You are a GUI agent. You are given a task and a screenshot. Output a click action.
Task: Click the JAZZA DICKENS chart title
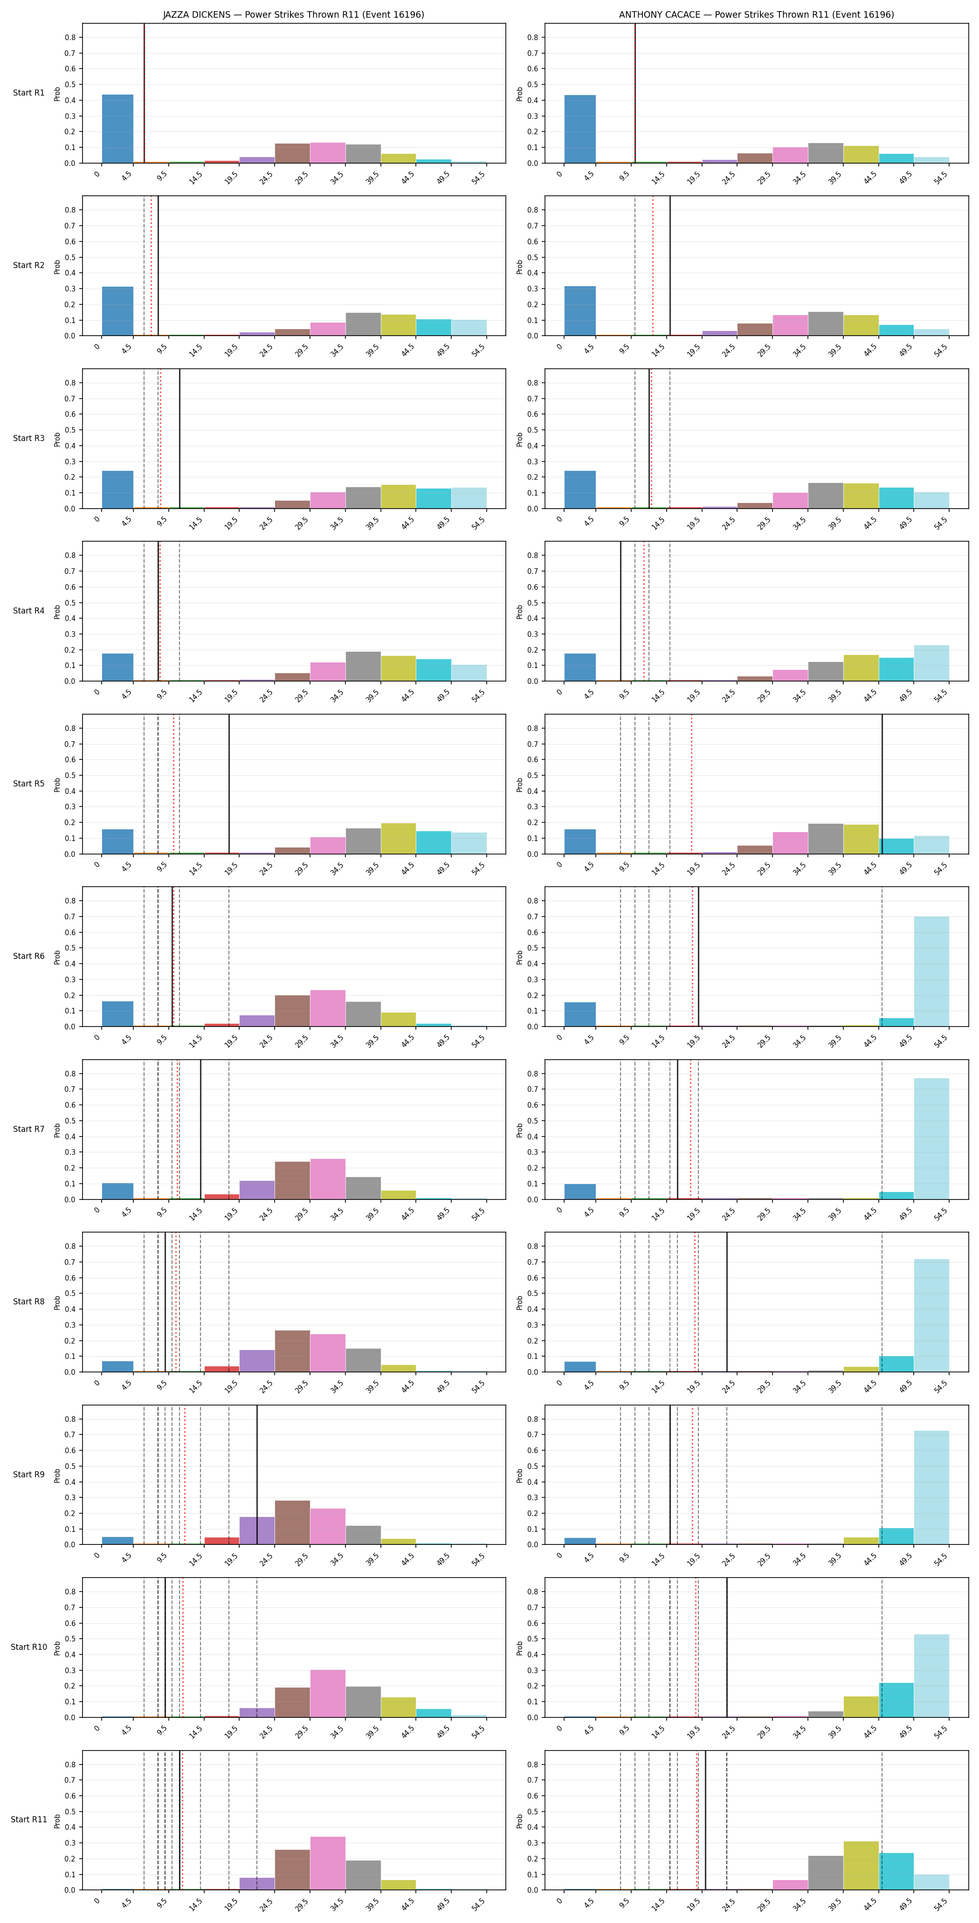(294, 14)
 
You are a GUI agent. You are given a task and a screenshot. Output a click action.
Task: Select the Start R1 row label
(28, 93)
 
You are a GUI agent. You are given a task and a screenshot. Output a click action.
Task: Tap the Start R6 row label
(28, 956)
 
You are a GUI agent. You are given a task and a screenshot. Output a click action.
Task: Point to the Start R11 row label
(28, 1819)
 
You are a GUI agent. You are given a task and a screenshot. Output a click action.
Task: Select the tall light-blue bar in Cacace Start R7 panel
(931, 1138)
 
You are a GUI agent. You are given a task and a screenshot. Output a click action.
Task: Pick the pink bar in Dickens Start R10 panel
(328, 1693)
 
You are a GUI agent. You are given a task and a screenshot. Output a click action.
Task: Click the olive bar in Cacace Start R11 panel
(861, 1866)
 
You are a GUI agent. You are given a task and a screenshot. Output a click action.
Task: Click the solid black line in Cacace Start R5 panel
(882, 784)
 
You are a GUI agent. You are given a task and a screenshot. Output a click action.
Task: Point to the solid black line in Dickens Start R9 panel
(257, 1475)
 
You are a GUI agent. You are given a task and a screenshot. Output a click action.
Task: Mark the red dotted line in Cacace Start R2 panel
(653, 266)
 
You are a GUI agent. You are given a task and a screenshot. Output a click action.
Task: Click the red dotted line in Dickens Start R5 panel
(174, 784)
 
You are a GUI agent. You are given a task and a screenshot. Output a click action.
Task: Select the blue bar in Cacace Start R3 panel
(580, 489)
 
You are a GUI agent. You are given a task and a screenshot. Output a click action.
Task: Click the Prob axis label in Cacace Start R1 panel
(520, 94)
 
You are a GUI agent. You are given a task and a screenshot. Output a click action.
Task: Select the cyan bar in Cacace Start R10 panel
(896, 1700)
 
